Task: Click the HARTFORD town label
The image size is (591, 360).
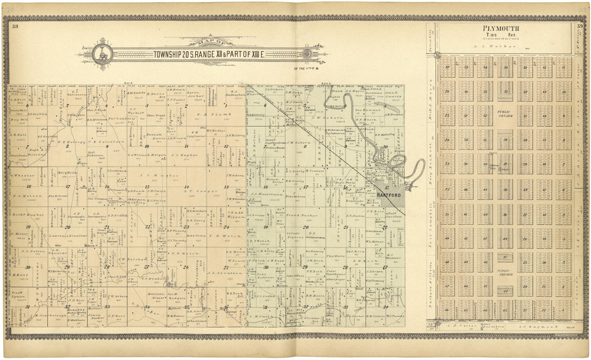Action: [x=388, y=195]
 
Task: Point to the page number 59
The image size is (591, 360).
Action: [x=580, y=26]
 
